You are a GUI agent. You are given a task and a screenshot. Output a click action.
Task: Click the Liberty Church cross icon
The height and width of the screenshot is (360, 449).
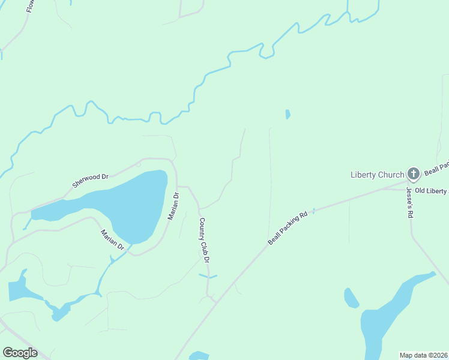413,174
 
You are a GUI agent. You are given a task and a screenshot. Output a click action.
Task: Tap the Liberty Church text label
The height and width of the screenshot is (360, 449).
377,175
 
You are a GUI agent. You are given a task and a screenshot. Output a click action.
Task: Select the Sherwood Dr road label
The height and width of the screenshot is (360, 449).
90,181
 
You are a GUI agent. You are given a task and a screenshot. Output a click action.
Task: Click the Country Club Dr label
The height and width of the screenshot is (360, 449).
205,240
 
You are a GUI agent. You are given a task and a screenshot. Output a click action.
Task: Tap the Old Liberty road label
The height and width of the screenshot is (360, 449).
430,191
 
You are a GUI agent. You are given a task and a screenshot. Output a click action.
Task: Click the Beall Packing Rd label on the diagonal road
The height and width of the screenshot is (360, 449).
288,228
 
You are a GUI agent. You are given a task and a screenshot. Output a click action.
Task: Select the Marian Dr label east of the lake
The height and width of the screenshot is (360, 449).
172,206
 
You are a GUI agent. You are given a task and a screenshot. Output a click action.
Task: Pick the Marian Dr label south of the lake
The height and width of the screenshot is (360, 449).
112,239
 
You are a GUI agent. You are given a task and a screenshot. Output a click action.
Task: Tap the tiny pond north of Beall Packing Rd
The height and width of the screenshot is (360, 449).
288,114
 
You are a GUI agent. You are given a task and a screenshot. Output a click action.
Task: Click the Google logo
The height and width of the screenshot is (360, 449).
20,353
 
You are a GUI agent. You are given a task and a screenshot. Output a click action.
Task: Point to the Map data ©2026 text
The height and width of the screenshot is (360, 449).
424,355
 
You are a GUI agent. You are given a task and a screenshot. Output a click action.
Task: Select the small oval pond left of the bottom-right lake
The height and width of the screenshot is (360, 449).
351,298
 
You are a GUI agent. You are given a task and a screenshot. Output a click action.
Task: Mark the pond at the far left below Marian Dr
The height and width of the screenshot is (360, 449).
18,289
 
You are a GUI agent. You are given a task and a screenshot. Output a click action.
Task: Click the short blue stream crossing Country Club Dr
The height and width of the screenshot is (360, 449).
208,276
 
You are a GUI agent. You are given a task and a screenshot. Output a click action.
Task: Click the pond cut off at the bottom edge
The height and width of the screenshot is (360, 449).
199,356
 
